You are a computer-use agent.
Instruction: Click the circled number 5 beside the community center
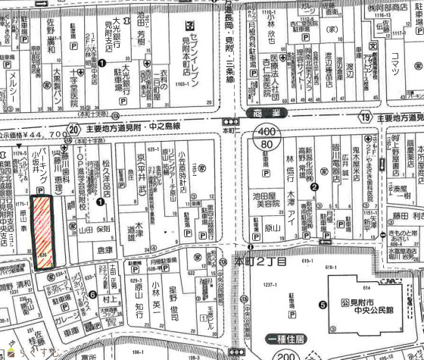click(323, 305)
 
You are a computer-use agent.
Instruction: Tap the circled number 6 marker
click(92, 296)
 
